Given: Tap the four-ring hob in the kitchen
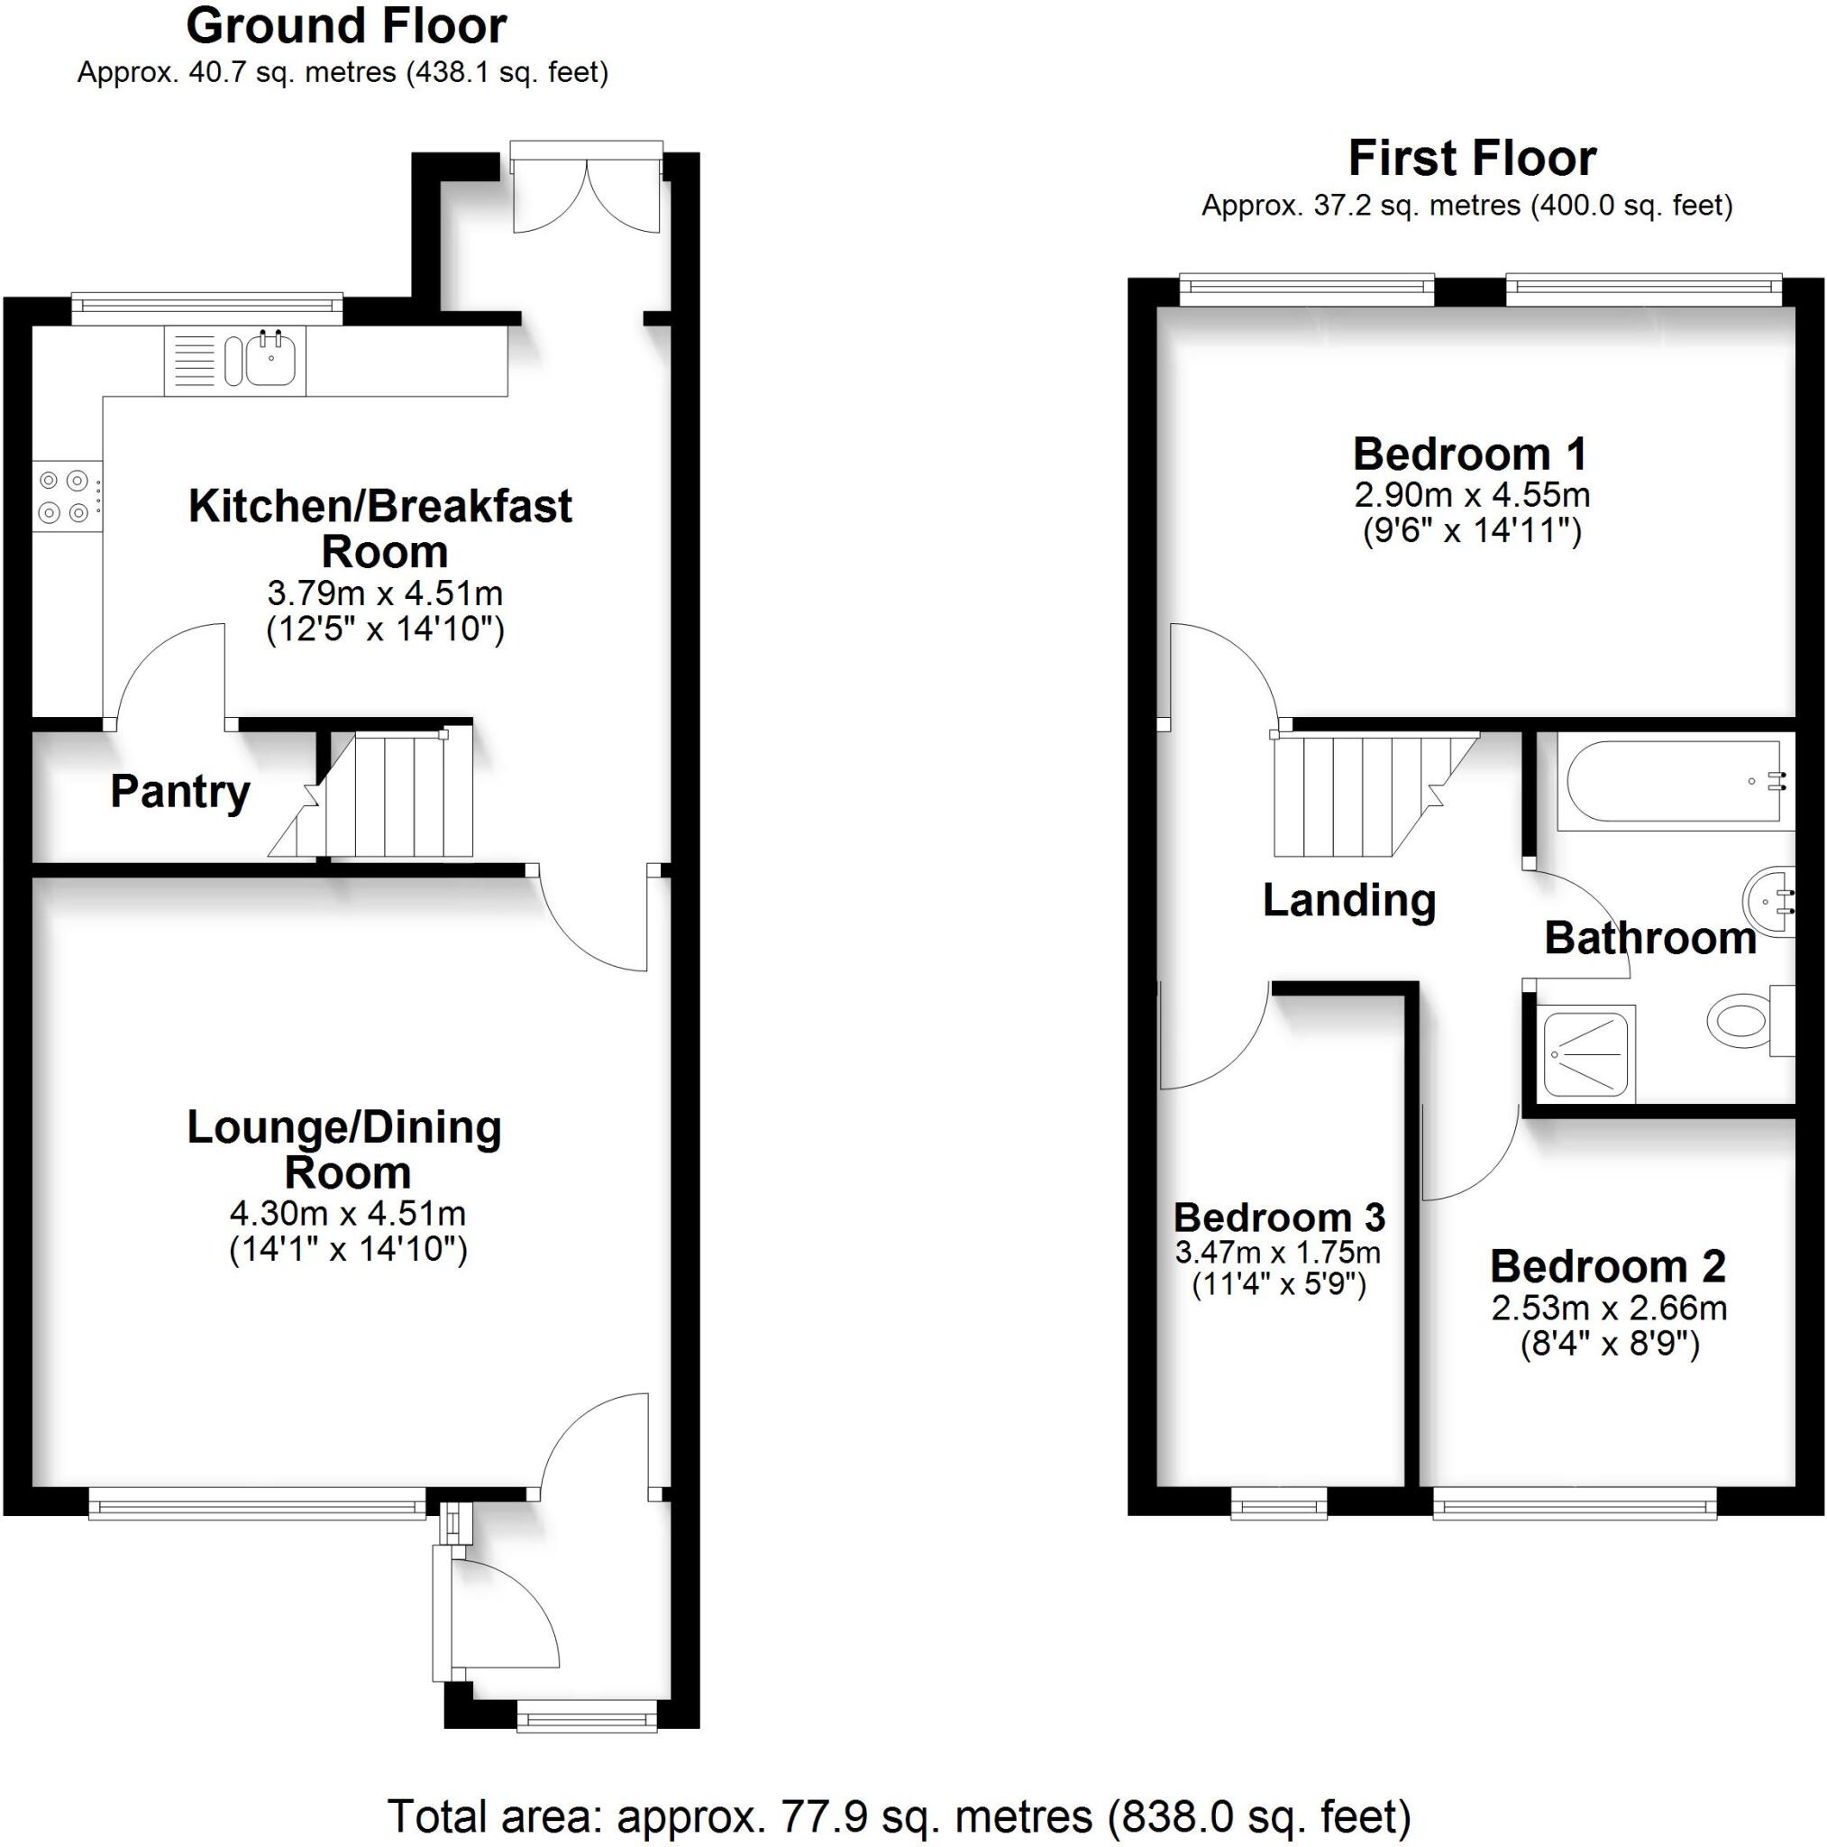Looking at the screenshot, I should coord(65,496).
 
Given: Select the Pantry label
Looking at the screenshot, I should coord(179,792).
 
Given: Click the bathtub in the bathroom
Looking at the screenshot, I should coord(1668,781).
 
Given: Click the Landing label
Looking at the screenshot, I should coord(1348,901).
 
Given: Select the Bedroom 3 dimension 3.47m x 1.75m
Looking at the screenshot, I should coord(1277,1252).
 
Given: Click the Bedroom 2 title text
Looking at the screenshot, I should coord(1607,1267).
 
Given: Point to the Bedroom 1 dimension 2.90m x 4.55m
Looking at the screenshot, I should coord(1472,495).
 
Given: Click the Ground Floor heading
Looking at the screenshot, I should coord(346,27).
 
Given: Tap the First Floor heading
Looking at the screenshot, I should coord(1472,159).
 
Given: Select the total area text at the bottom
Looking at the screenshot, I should coord(899,1815).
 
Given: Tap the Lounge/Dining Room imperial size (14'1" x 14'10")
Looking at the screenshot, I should coord(348,1249).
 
